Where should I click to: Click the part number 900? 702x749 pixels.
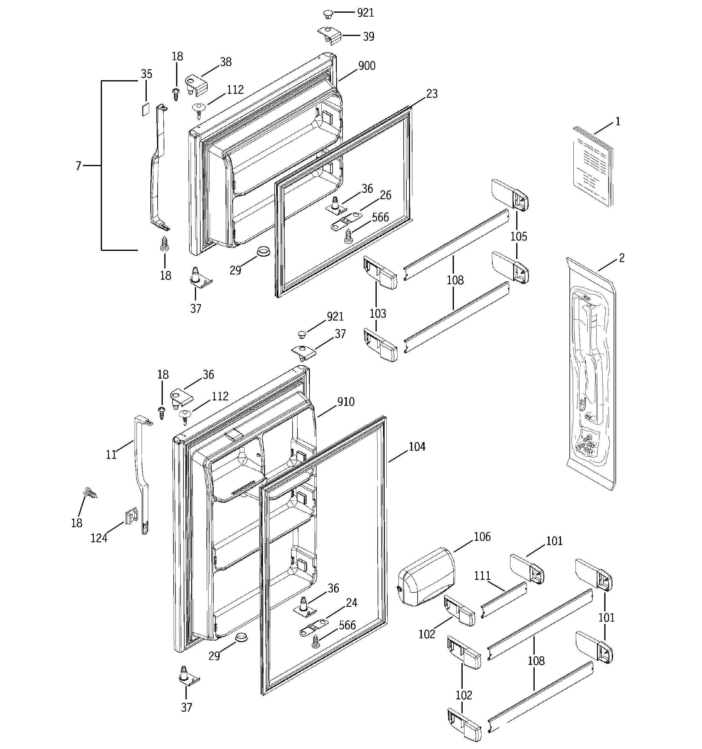(367, 66)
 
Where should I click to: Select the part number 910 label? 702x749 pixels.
(346, 402)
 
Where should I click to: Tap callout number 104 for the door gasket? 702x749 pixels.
(417, 447)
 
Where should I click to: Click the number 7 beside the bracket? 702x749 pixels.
(78, 166)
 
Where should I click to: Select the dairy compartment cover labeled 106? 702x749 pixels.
(426, 578)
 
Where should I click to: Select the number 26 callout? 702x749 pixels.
(385, 195)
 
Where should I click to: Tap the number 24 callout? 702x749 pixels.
(351, 603)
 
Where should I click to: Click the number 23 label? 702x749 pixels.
(432, 94)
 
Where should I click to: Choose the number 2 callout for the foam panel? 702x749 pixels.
(622, 258)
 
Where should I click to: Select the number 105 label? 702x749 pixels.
(519, 237)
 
